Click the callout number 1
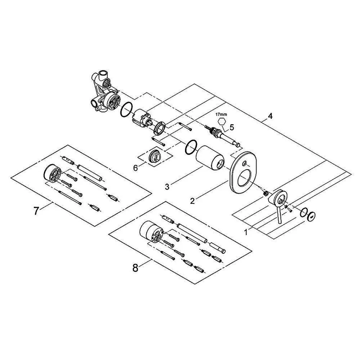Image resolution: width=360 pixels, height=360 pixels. tap(246, 232)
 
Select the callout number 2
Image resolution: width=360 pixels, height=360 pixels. tap(192, 201)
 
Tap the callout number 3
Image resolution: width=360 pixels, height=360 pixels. tap(167, 187)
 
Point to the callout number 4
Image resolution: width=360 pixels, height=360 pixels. tap(270, 116)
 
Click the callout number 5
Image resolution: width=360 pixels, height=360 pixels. tap(232, 127)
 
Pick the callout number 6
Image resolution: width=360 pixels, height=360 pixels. tap(135, 168)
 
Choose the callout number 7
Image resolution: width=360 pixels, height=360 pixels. tap(36, 211)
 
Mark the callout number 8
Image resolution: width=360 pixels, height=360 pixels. tap(135, 268)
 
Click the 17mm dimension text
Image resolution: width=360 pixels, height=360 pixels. tap(221, 114)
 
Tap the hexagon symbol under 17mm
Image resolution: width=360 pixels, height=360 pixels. tap(222, 122)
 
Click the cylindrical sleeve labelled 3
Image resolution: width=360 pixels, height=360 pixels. tap(210, 158)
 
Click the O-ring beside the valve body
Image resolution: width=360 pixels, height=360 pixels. tap(127, 110)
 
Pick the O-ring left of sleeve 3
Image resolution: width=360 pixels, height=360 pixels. tap(191, 147)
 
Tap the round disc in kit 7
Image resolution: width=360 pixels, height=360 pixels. tap(52, 172)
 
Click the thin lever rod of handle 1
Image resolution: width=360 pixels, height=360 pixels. tap(279, 215)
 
